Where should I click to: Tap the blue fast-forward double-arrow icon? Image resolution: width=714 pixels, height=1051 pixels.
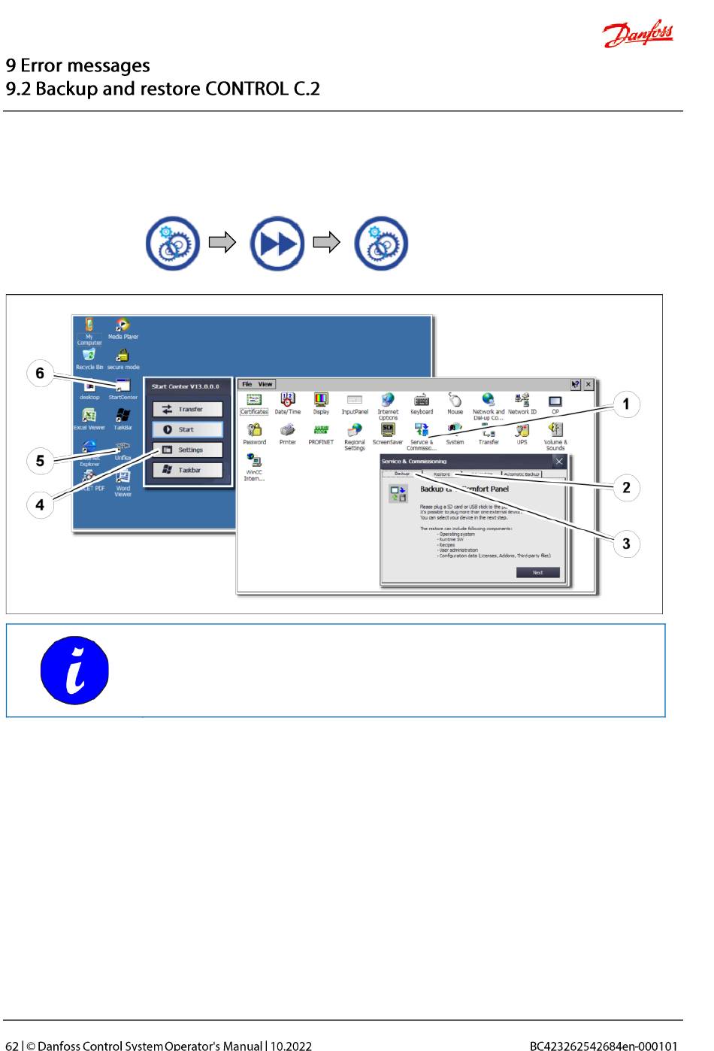point(277,244)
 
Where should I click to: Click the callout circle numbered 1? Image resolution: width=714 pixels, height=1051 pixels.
point(626,404)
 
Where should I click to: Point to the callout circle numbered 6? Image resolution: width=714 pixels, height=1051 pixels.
point(41,374)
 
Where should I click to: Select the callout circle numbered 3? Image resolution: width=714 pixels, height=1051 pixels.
point(626,544)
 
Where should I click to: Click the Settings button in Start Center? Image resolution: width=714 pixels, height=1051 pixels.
point(187,450)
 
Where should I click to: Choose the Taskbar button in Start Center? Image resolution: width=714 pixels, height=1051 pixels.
point(187,470)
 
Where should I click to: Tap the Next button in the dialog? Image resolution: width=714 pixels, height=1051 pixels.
point(537,572)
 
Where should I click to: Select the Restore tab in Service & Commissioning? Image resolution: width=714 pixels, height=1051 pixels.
point(442,474)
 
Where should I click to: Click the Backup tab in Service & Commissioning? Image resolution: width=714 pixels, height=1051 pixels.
point(402,474)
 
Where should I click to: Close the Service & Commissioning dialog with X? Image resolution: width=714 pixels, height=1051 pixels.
point(558,461)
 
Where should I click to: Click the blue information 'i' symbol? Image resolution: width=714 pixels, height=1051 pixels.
point(74,671)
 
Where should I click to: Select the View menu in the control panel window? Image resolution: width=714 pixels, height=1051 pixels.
point(265,384)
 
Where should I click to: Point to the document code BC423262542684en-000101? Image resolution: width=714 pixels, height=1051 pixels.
point(604,1045)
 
